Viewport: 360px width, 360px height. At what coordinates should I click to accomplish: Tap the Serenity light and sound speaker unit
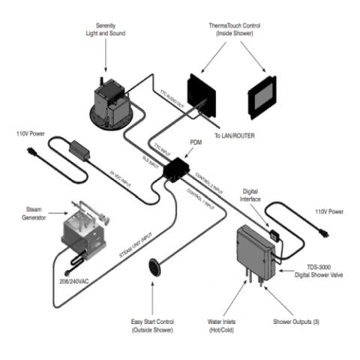click(110, 103)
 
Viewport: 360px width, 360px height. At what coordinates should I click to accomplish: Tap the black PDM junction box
click(178, 169)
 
